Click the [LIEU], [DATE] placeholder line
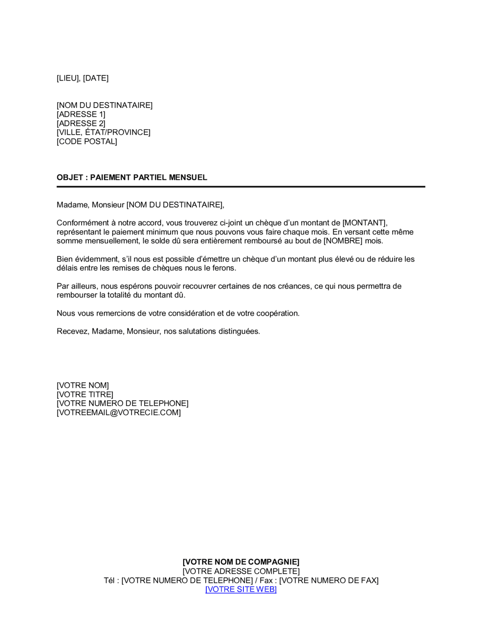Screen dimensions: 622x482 click(82, 78)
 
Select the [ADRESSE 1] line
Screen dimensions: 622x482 click(81, 114)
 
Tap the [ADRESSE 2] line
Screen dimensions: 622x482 click(81, 123)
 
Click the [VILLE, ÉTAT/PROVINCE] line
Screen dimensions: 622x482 click(104, 132)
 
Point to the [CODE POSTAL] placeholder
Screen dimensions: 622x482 click(87, 141)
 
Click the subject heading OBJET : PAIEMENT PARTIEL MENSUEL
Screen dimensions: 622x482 click(132, 177)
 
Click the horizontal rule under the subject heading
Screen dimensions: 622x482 click(241, 187)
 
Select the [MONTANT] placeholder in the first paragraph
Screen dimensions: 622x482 click(364, 223)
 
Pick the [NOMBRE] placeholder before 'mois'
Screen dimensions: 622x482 click(343, 241)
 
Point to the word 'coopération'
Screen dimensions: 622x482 click(277, 313)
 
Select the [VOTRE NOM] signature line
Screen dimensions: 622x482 click(83, 385)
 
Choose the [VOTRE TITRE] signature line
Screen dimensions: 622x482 click(85, 394)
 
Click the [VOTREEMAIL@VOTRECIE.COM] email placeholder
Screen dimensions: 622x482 click(119, 413)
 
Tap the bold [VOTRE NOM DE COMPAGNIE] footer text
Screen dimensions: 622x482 click(241, 562)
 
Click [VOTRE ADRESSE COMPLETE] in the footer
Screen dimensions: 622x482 click(241, 571)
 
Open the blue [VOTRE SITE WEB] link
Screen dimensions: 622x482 click(241, 589)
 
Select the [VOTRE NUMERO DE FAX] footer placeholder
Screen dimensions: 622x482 click(329, 581)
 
